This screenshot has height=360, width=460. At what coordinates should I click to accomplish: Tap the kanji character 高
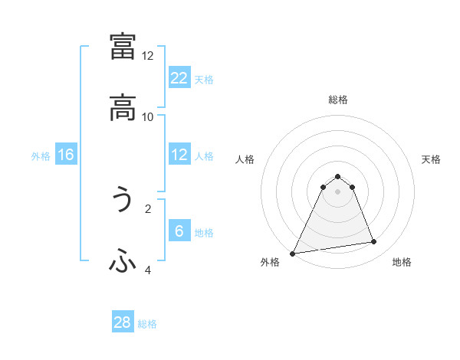[123, 109]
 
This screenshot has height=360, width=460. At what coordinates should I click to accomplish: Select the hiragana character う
[123, 201]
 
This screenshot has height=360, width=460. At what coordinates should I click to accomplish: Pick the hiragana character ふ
[123, 263]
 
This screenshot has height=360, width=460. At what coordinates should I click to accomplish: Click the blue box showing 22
[179, 77]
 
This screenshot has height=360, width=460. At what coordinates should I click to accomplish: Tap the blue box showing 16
[66, 155]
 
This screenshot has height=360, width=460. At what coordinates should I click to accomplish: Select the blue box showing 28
[123, 322]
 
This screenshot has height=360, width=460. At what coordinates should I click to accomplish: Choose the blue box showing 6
[179, 231]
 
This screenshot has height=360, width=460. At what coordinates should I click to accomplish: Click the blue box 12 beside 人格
[179, 155]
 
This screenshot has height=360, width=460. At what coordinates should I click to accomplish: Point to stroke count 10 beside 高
[148, 116]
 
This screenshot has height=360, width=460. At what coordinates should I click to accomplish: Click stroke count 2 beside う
[148, 208]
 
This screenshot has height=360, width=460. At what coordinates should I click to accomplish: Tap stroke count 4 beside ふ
[148, 270]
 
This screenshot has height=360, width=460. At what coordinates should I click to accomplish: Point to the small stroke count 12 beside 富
[148, 55]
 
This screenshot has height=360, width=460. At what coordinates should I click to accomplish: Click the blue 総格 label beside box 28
[148, 324]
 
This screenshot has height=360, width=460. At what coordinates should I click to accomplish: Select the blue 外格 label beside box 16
[41, 156]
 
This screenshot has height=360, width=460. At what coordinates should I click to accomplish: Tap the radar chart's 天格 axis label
[431, 159]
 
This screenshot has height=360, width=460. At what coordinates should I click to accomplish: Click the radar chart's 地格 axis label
[402, 262]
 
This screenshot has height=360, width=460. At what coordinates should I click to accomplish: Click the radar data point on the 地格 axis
[374, 242]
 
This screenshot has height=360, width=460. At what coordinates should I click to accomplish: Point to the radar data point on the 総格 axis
[337, 176]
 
